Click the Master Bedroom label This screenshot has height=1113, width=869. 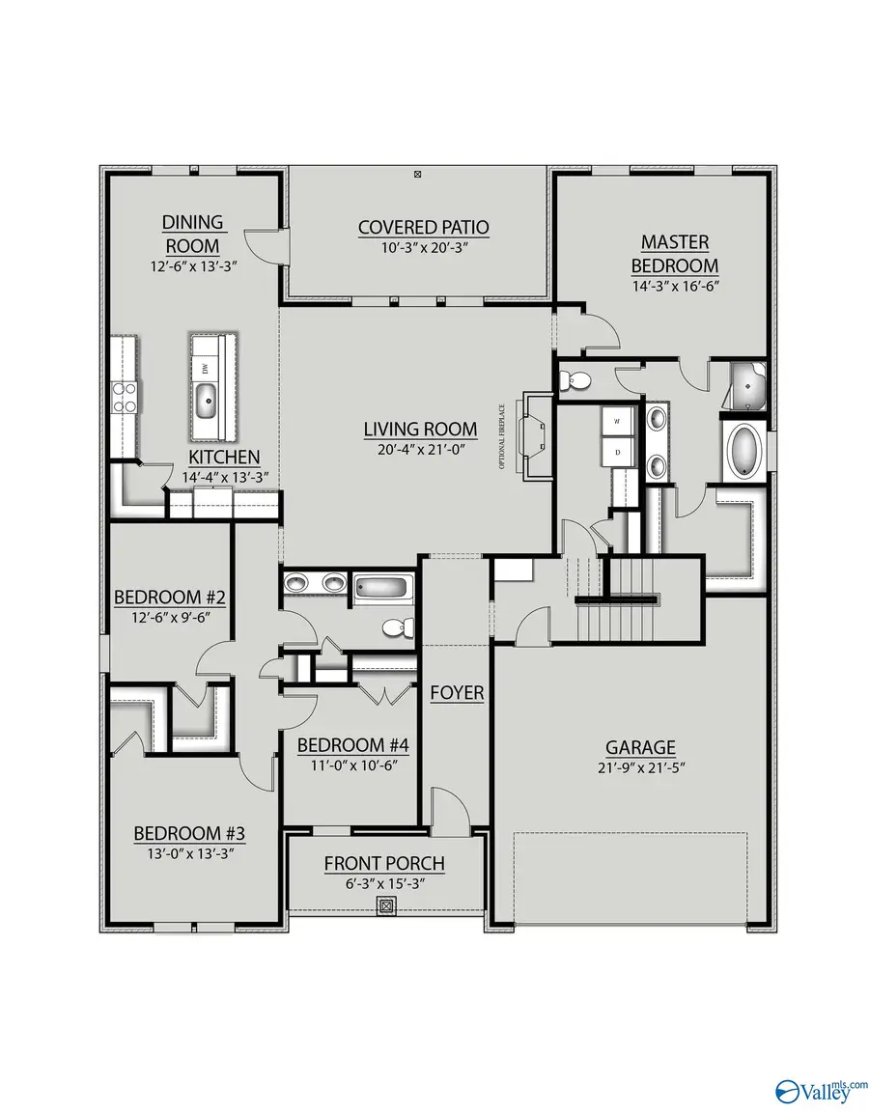point(675,253)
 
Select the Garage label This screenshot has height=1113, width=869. point(640,747)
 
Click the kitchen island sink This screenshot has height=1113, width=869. point(207,398)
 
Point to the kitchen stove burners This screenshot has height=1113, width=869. point(126,397)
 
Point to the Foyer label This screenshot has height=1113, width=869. point(457,693)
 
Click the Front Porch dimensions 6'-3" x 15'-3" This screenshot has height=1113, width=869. point(384,883)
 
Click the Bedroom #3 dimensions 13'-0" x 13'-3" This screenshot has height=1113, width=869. point(183,853)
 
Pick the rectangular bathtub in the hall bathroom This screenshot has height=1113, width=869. point(383,587)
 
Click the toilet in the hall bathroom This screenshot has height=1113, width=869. point(396,628)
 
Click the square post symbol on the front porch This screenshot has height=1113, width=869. point(386,906)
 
